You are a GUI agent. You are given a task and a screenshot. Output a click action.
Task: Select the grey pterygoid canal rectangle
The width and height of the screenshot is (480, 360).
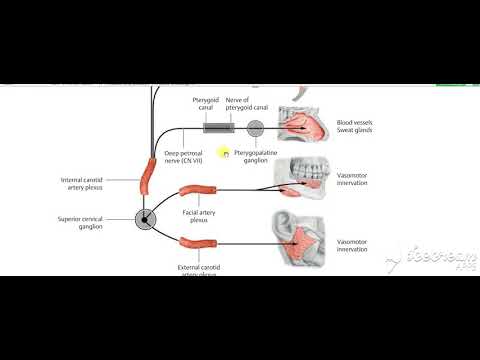coord(219,127)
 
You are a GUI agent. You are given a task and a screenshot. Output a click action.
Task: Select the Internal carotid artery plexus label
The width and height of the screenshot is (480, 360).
coord(93,184)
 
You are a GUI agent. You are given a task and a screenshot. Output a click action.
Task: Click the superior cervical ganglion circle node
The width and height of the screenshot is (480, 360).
coord(144,217)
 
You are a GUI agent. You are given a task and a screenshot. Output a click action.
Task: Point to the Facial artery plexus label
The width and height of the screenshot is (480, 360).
coord(203,217)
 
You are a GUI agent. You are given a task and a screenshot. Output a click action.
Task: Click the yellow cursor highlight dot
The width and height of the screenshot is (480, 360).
coord(226,154)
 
